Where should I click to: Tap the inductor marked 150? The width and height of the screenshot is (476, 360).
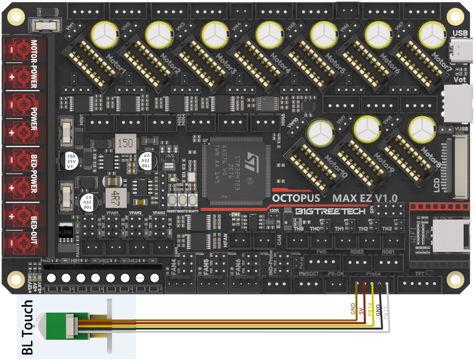124,143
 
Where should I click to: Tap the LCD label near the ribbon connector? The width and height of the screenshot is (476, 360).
436,185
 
